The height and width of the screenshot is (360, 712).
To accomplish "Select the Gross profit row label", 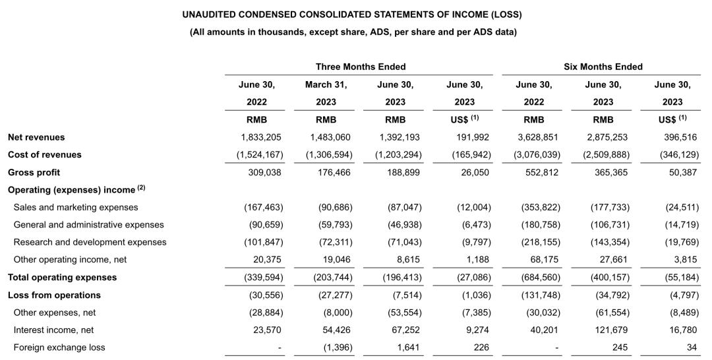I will [34, 172].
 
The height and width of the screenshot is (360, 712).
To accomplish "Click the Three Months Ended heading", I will [361, 67].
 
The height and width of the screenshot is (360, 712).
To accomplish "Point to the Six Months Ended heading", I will [603, 67].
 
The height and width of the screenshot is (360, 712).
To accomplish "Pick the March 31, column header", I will [326, 84].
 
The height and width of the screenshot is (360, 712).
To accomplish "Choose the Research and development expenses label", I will [90, 242].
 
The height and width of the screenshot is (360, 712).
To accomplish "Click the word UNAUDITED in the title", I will [210, 15].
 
